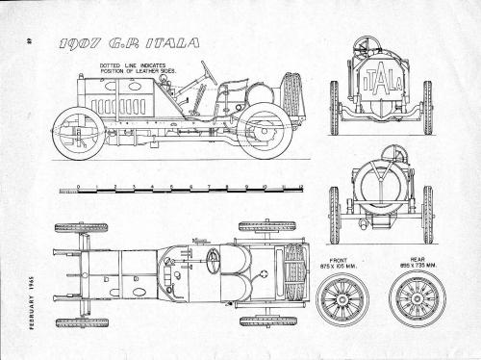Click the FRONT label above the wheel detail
(339, 259)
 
